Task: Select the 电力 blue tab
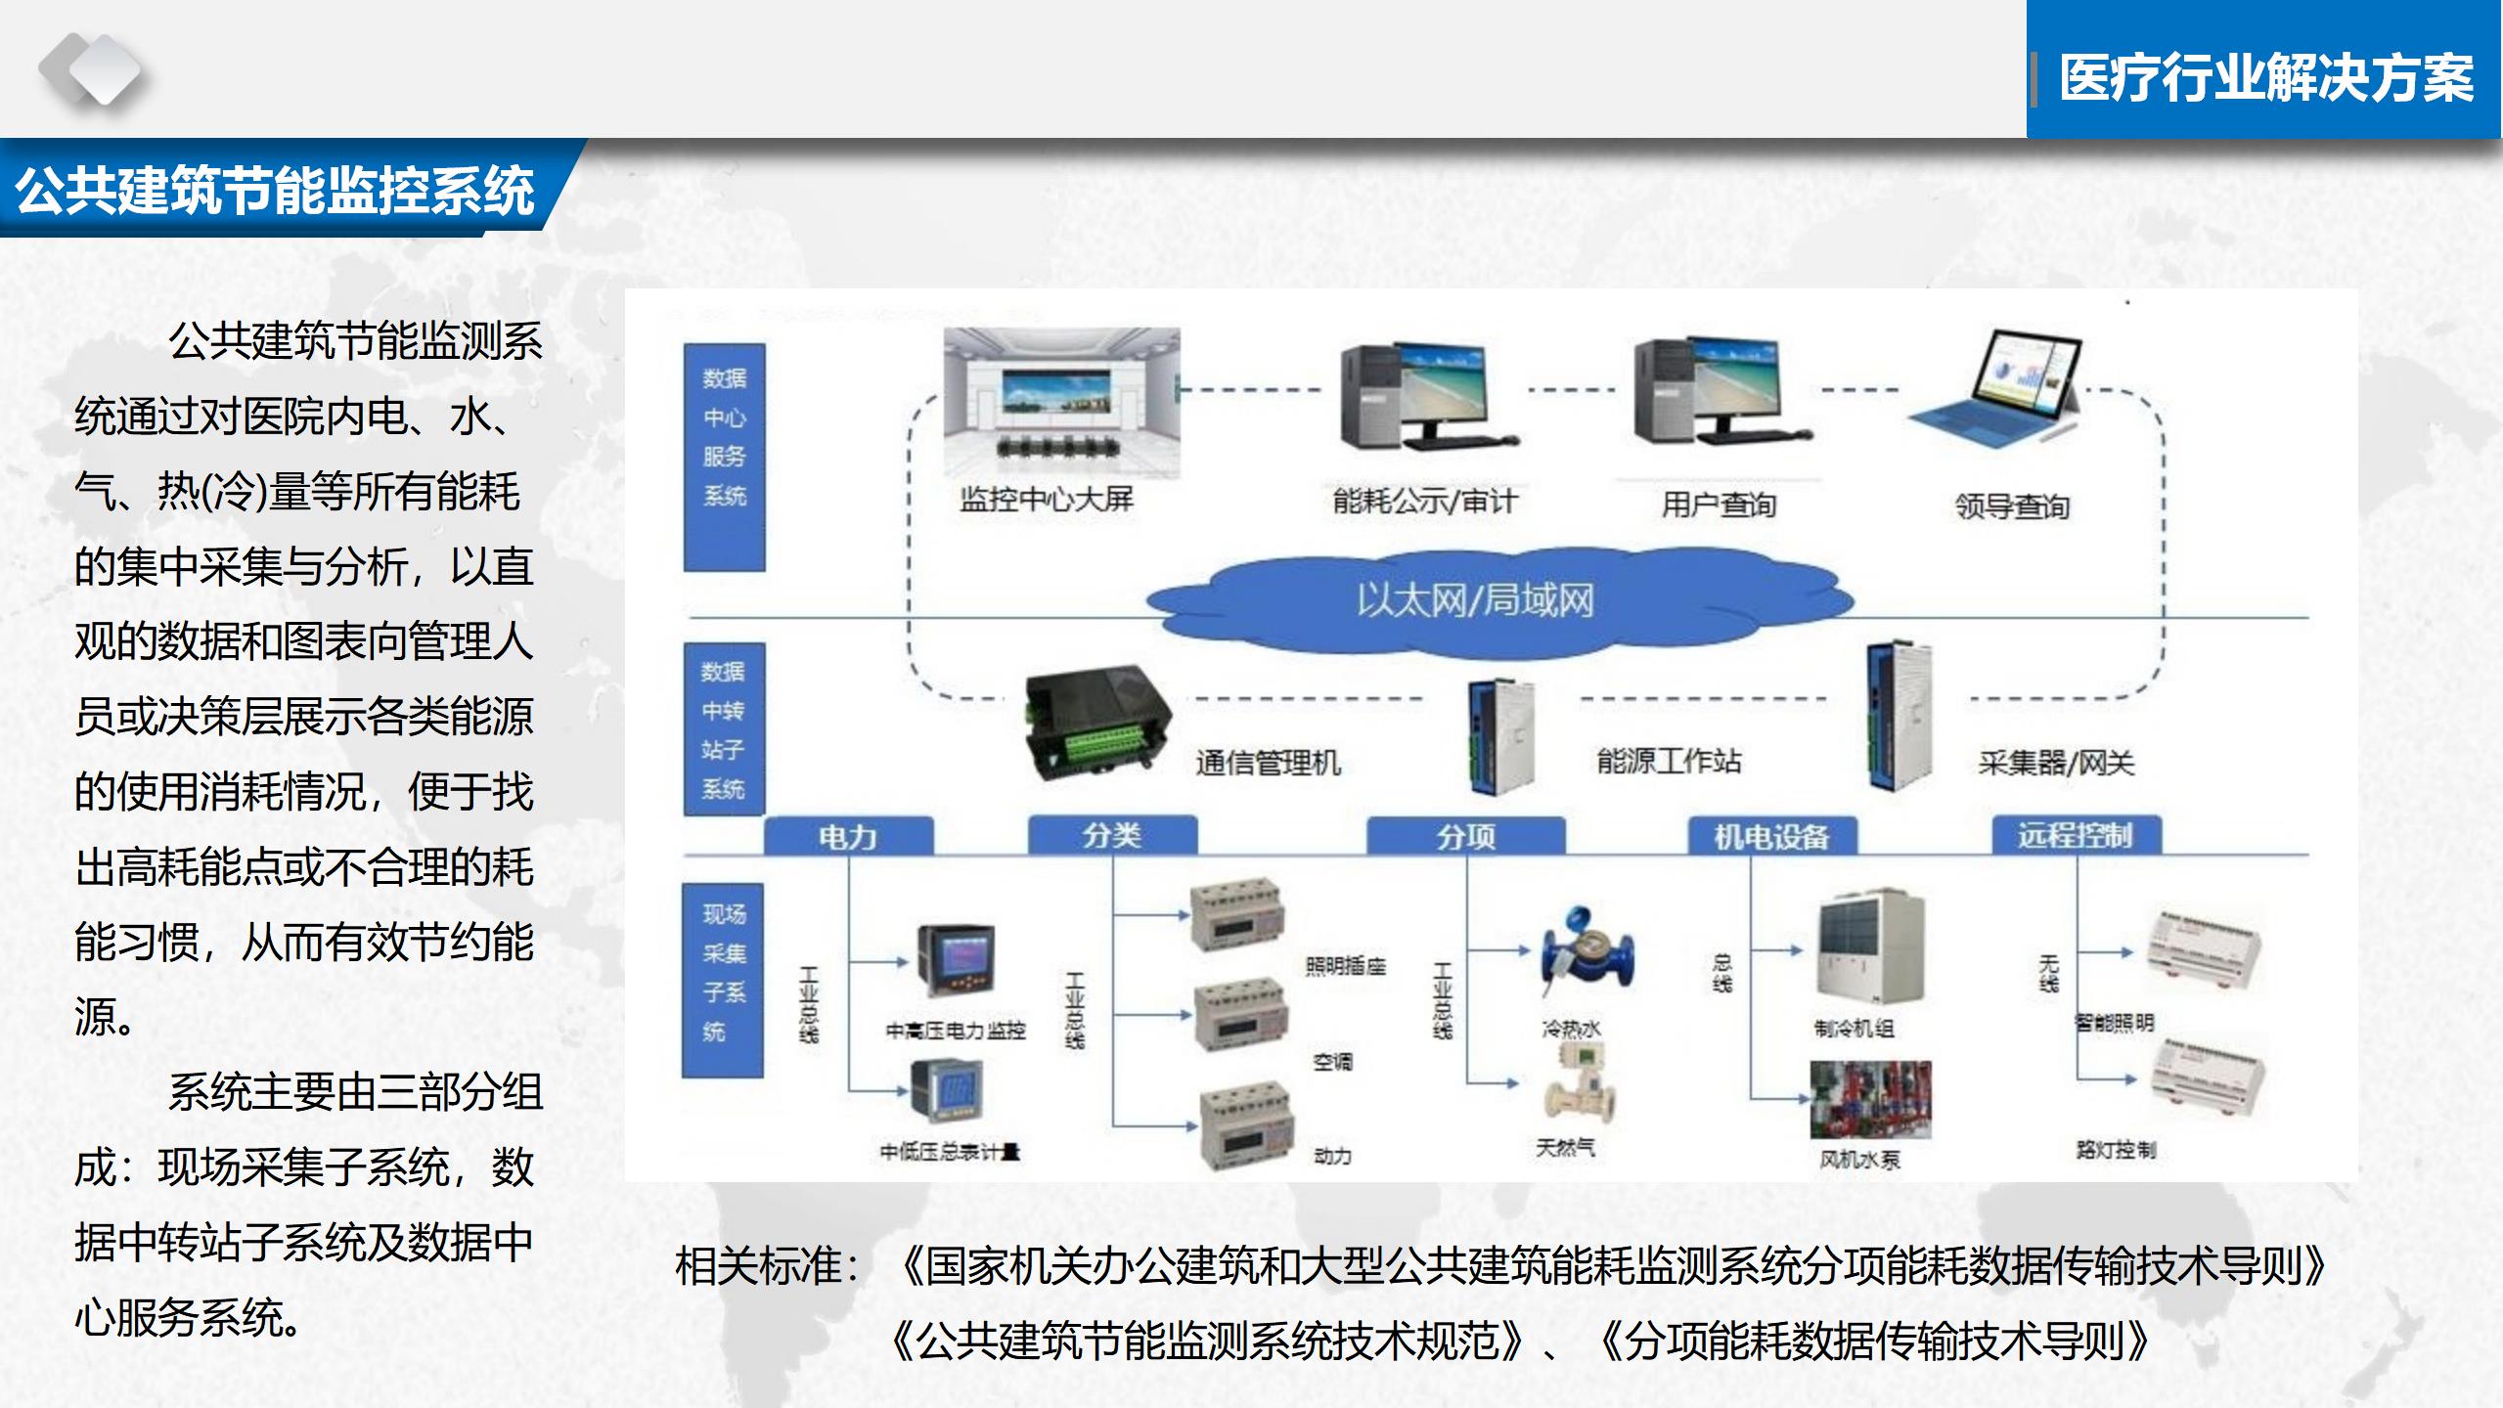click(x=847, y=837)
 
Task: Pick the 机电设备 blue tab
click(x=1771, y=837)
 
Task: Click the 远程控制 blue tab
click(x=2076, y=836)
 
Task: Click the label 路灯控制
click(x=2116, y=1150)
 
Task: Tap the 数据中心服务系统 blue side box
click(x=724, y=457)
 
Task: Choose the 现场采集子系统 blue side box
click(x=723, y=980)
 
